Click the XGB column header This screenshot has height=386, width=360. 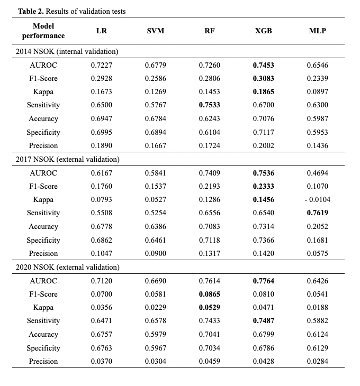coord(263,31)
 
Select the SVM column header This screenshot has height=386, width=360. coord(155,31)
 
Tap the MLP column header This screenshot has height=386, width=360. coord(317,31)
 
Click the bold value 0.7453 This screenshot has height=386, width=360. coord(263,65)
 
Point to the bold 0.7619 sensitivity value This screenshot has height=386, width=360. coord(317,213)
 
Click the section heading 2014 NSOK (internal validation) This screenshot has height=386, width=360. coord(68,51)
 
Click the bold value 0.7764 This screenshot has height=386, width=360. coord(263,281)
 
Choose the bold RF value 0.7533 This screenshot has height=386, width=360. coord(209,105)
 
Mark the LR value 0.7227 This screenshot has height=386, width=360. coord(101,65)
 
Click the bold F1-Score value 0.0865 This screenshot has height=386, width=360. coord(209,294)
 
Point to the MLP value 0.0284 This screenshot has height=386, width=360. coord(317,361)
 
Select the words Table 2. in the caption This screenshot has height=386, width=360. coord(31,11)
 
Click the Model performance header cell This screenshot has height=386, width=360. coord(43,31)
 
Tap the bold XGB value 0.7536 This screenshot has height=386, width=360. coord(263,173)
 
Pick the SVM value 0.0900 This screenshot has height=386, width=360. coord(155,253)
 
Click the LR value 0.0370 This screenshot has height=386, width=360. coord(101,361)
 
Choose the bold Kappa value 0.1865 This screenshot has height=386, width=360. coord(263,92)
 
